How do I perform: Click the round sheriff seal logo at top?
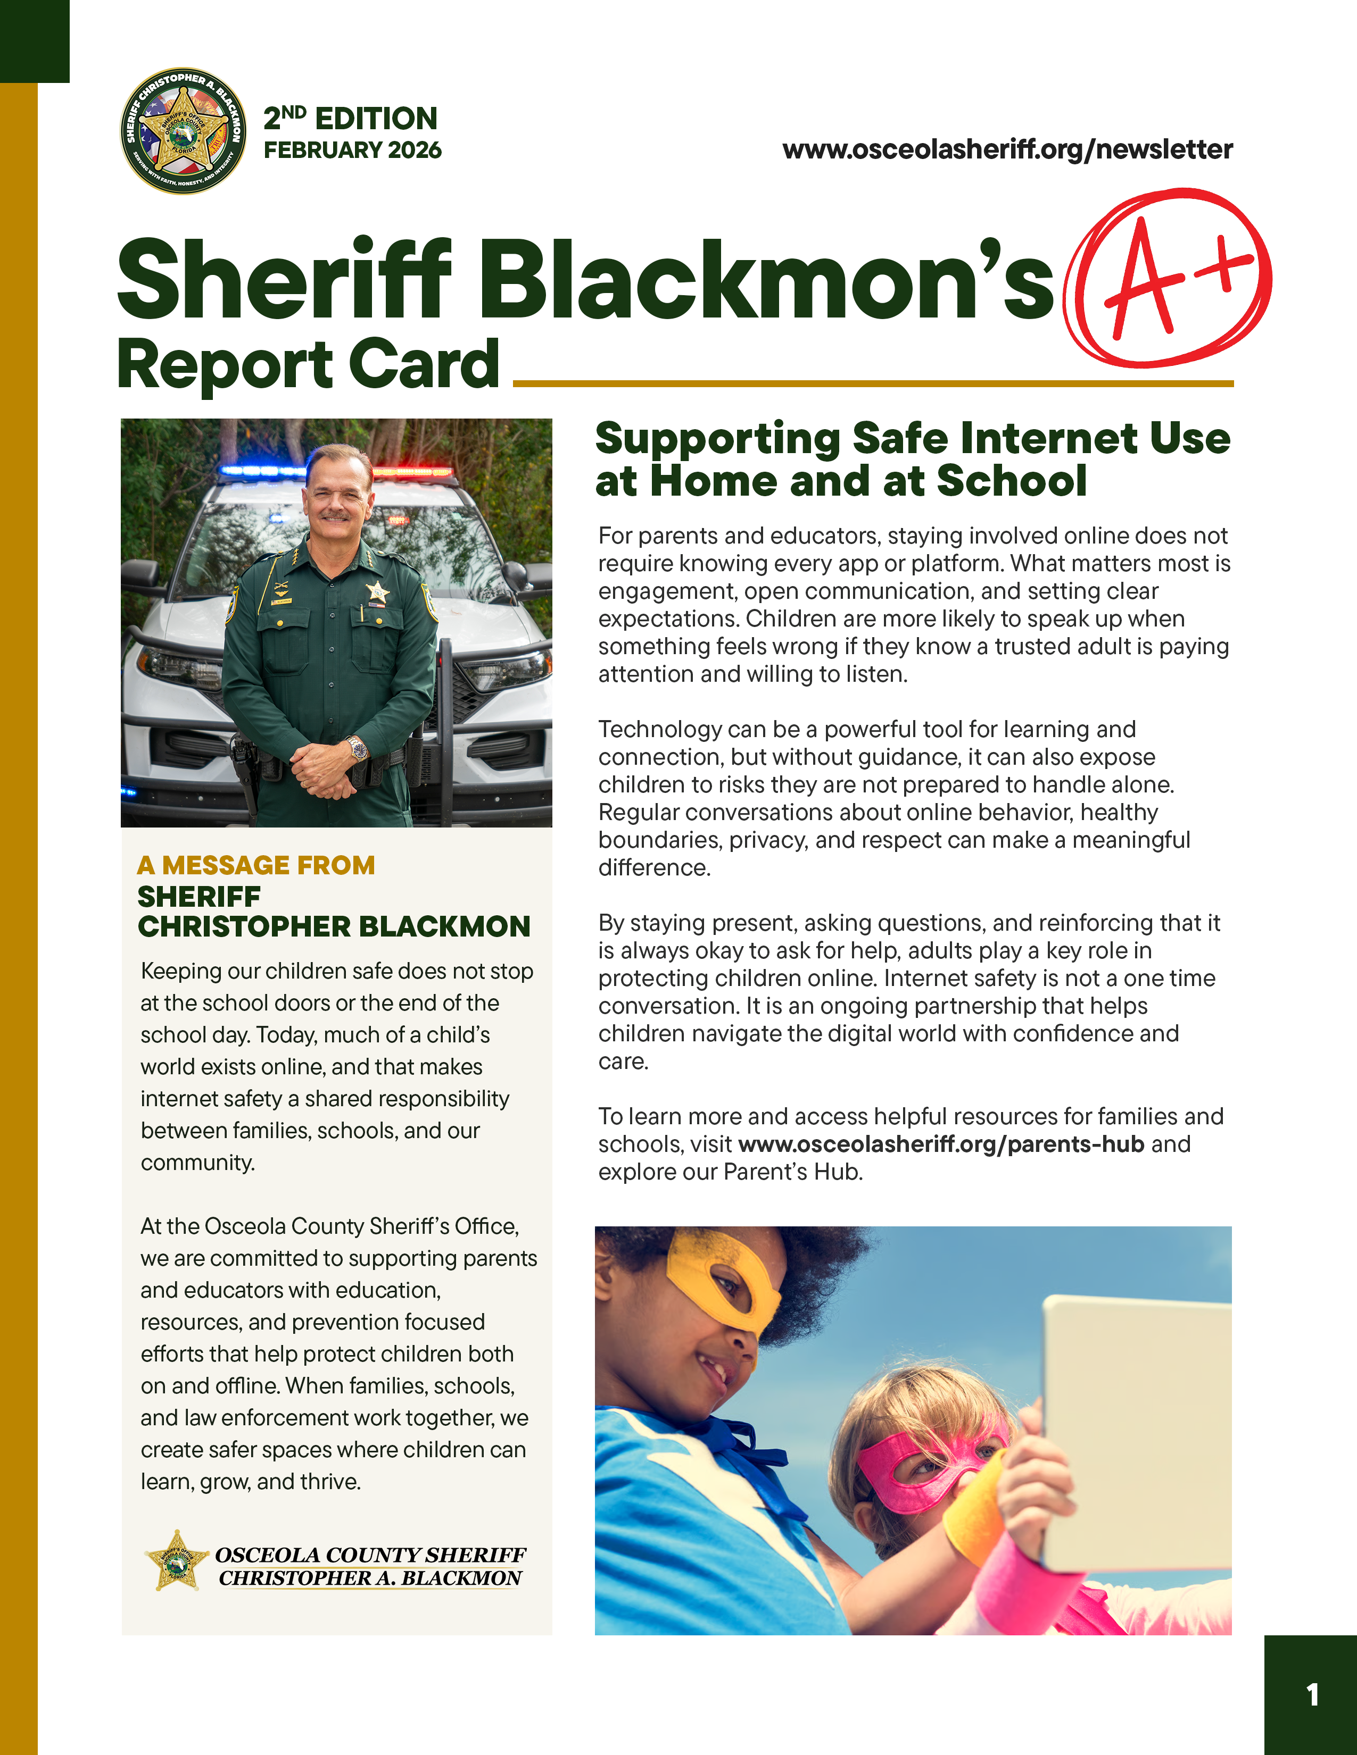[x=183, y=130]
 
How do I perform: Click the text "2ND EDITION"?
[x=351, y=118]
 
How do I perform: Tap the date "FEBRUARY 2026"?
[x=352, y=151]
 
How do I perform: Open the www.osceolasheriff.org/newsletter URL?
[x=1007, y=149]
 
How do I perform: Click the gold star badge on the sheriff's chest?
[x=377, y=593]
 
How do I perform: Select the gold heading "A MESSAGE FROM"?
[x=255, y=865]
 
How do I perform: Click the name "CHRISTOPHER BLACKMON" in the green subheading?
[x=334, y=926]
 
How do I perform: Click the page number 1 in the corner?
[x=1312, y=1695]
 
